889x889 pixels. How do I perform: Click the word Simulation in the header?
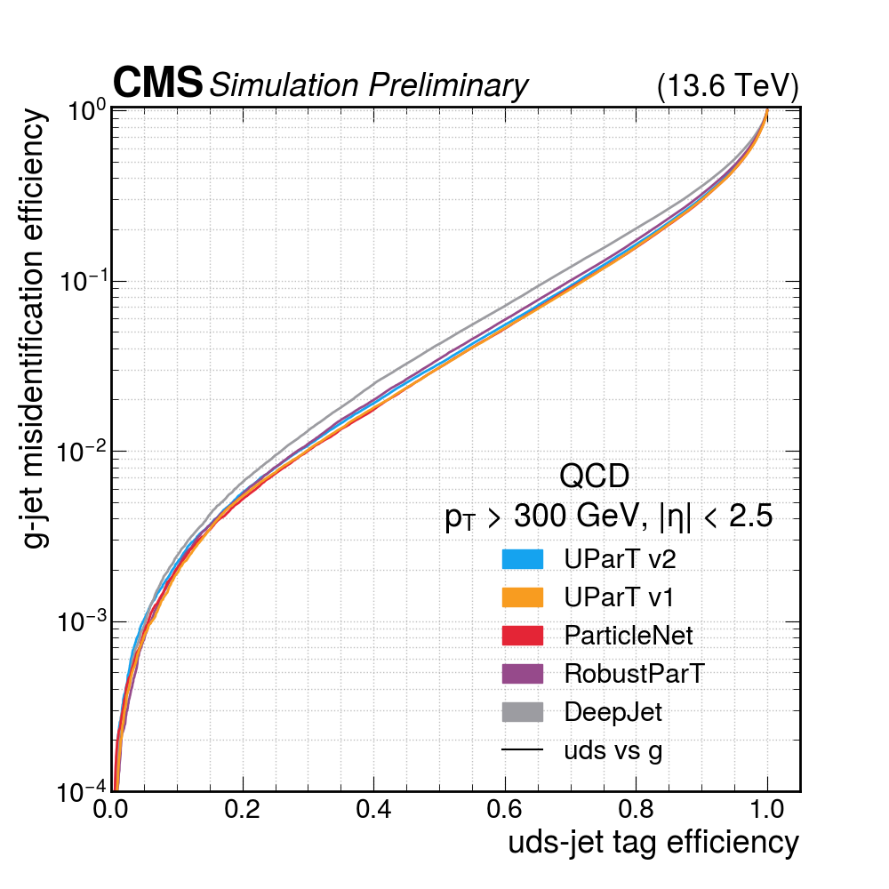click(283, 85)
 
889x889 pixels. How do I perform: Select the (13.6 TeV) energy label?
click(727, 86)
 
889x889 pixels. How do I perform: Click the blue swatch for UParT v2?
click(522, 558)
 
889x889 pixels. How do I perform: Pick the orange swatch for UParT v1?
click(522, 597)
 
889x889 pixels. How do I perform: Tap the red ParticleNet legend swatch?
click(522, 635)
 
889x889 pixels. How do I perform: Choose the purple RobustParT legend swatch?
click(522, 673)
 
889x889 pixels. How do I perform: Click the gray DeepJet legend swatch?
click(522, 711)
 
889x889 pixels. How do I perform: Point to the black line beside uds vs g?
click(522, 750)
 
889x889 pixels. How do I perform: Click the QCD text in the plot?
click(594, 477)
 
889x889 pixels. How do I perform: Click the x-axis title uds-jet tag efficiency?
click(653, 843)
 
